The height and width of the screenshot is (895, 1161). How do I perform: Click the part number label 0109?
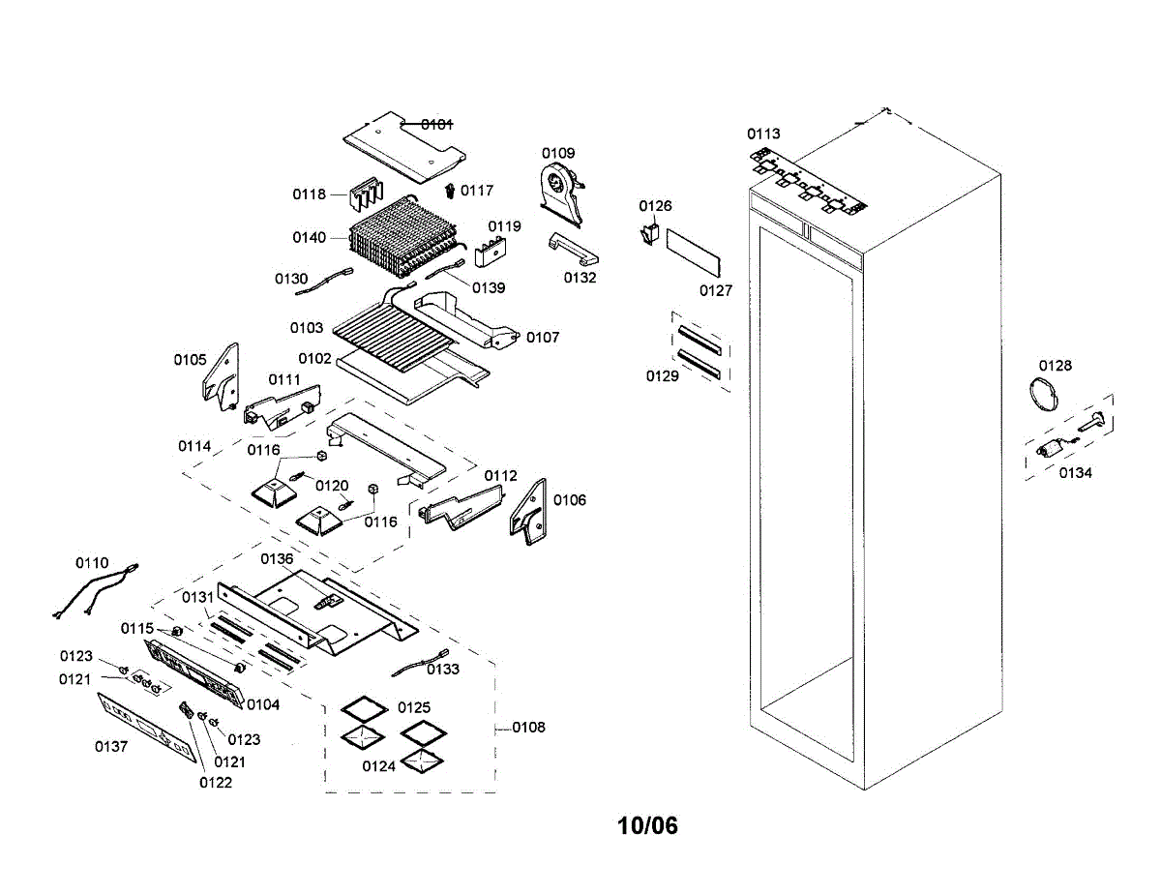[x=558, y=153]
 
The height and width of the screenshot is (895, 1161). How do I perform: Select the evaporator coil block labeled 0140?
[x=403, y=237]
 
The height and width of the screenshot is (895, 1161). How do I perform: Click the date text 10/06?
[x=647, y=825]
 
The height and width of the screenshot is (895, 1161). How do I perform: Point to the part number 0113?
[x=763, y=134]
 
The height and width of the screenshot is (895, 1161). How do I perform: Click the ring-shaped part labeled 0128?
[x=1044, y=394]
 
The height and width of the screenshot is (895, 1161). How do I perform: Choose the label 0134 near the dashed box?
[x=1076, y=473]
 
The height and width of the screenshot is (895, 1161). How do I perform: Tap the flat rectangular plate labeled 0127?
[x=693, y=253]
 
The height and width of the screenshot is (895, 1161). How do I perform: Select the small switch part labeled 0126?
[x=650, y=234]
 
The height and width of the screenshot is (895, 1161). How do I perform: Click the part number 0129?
[x=662, y=376]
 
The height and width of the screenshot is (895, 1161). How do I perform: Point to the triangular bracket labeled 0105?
[x=222, y=376]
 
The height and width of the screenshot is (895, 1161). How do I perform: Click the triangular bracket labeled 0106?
[x=528, y=511]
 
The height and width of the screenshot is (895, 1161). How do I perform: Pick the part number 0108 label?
[x=528, y=728]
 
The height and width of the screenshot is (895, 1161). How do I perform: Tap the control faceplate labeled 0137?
[x=146, y=727]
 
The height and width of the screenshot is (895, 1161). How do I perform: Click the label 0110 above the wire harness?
[x=92, y=563]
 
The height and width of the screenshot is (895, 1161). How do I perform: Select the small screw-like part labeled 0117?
[x=450, y=191]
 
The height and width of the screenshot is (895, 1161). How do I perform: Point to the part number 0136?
[x=277, y=559]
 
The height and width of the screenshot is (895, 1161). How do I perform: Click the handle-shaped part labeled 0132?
[x=574, y=249]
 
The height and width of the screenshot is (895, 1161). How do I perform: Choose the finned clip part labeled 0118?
[x=367, y=193]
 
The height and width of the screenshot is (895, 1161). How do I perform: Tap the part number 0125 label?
[x=413, y=707]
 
